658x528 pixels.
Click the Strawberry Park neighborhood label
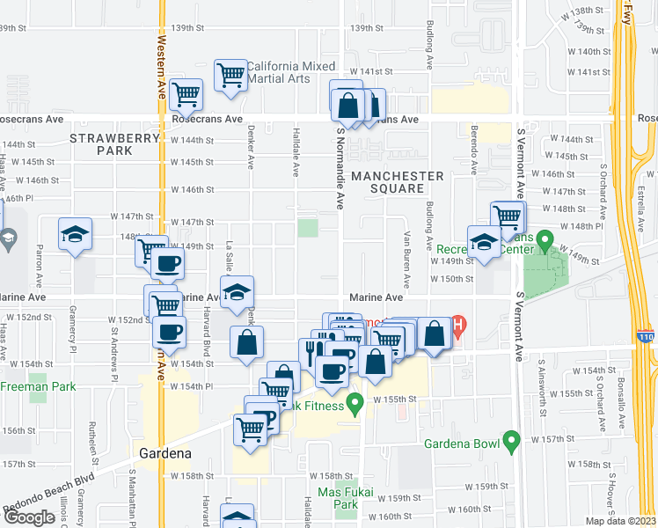[x=114, y=144]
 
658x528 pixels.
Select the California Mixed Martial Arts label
[x=290, y=72]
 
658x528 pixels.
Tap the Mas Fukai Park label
[x=339, y=499]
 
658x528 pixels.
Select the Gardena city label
[x=165, y=454]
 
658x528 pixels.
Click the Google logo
[x=29, y=517]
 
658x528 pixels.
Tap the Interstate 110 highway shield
[x=644, y=335]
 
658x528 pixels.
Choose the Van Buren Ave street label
[x=407, y=260]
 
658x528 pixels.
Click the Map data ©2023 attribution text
[x=621, y=521]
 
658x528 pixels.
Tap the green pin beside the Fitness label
[x=355, y=404]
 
